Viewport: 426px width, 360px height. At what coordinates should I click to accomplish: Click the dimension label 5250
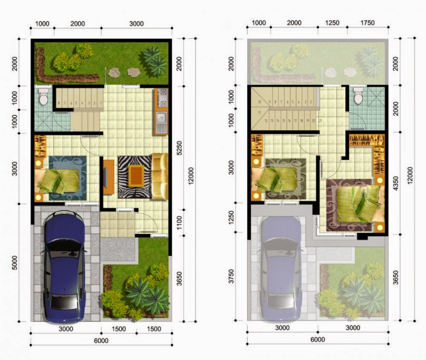point(179,151)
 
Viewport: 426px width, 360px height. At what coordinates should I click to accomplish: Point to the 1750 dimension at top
point(367,22)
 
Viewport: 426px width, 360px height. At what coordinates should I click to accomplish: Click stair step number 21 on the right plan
point(321,121)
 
